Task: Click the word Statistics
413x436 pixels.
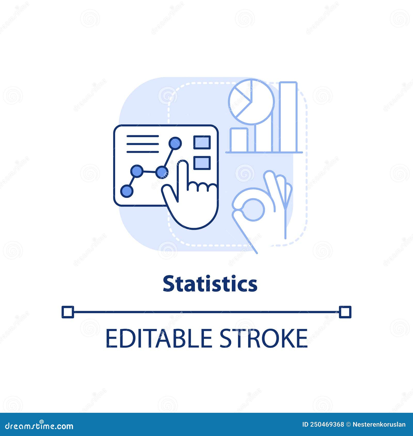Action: (x=210, y=284)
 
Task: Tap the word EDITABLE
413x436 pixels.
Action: (x=158, y=338)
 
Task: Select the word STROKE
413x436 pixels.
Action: (x=264, y=338)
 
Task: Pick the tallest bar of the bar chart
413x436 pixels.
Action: (x=288, y=117)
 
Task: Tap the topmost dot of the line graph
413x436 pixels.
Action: (x=175, y=143)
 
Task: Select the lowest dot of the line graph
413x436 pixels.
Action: (x=127, y=191)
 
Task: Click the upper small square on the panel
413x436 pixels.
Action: (x=202, y=142)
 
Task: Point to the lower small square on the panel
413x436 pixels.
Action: (x=202, y=163)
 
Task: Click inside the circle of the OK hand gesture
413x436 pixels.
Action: (x=253, y=209)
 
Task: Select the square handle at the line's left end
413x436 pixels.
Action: (x=68, y=312)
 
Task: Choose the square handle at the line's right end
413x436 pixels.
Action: (x=345, y=312)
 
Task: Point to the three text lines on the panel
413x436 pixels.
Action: (x=142, y=144)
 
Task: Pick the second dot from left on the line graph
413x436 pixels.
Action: (x=137, y=171)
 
